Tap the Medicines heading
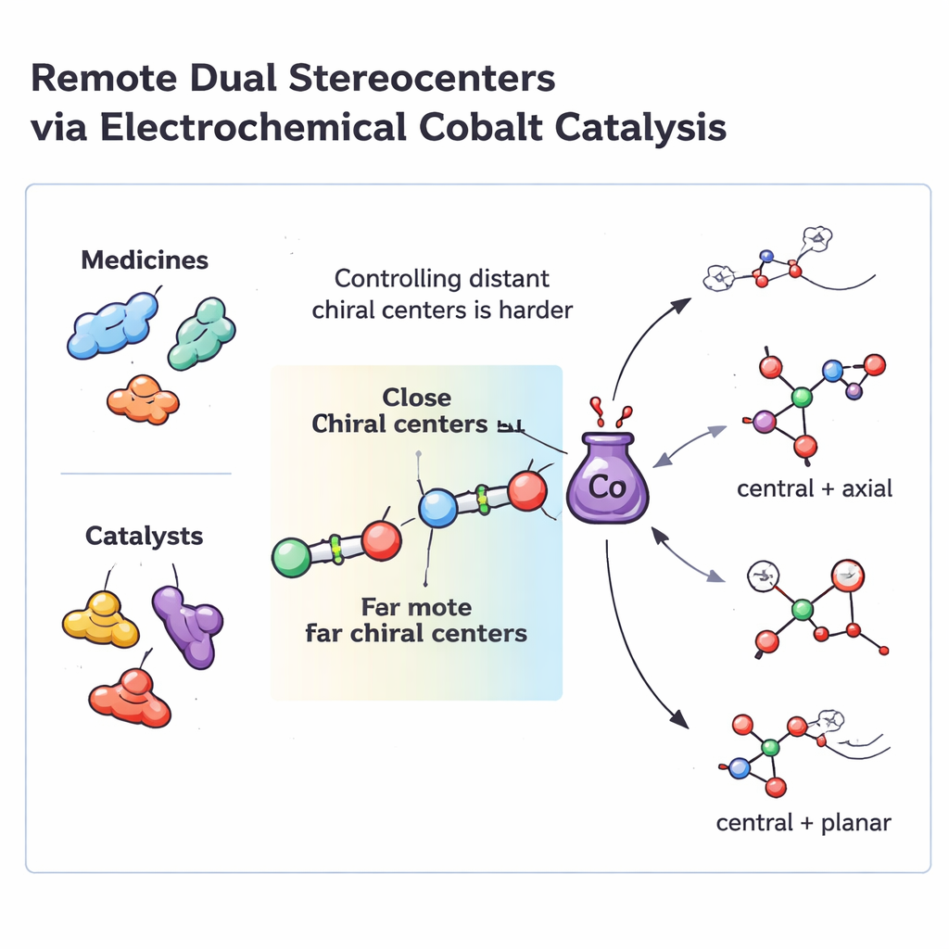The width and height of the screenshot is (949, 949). (x=144, y=260)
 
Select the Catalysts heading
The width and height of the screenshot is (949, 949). (x=144, y=536)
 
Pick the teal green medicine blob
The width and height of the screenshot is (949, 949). (x=201, y=335)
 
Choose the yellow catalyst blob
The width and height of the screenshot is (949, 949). (x=101, y=621)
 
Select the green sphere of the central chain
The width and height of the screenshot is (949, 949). (x=292, y=558)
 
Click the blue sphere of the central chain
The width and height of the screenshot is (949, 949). (x=437, y=509)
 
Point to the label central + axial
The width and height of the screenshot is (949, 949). (x=815, y=487)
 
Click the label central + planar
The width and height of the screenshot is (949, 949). (x=803, y=822)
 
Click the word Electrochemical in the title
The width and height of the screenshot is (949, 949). (x=252, y=127)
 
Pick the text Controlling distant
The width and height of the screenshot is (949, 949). (x=442, y=278)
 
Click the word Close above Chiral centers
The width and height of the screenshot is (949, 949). (x=416, y=398)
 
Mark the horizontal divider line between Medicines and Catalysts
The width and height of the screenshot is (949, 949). (x=146, y=474)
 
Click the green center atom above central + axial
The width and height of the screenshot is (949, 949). (x=802, y=398)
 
